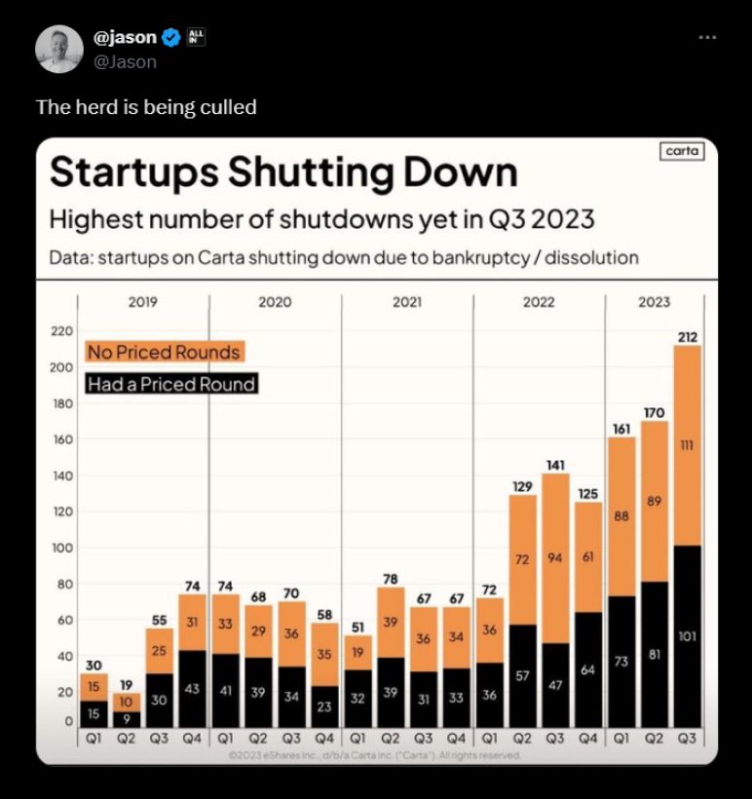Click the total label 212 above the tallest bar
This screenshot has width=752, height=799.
pos(687,338)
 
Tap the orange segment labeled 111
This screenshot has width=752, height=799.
pos(687,445)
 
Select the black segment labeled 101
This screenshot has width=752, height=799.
pos(687,637)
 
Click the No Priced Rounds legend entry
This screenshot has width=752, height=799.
pos(164,352)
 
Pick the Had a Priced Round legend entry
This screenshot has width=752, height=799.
pos(170,384)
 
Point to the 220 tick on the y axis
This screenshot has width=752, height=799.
pos(61,332)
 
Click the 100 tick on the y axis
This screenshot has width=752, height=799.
pos(61,548)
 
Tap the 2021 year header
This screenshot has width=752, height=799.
pos(407,302)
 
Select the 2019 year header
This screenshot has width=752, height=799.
pos(143,302)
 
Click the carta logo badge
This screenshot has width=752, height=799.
pos(681,152)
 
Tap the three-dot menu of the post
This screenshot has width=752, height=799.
pos(707,37)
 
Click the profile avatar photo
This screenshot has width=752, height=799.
pos(59,49)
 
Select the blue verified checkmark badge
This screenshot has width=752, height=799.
pos(170,38)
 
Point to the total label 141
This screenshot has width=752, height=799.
pos(555,466)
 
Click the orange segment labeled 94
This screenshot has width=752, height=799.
pos(555,558)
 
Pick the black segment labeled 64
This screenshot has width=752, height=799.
pos(587,670)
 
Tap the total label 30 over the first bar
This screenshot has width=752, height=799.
pos(94,666)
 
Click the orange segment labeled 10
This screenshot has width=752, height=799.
pos(127,702)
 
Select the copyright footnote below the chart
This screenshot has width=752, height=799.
pos(375,755)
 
